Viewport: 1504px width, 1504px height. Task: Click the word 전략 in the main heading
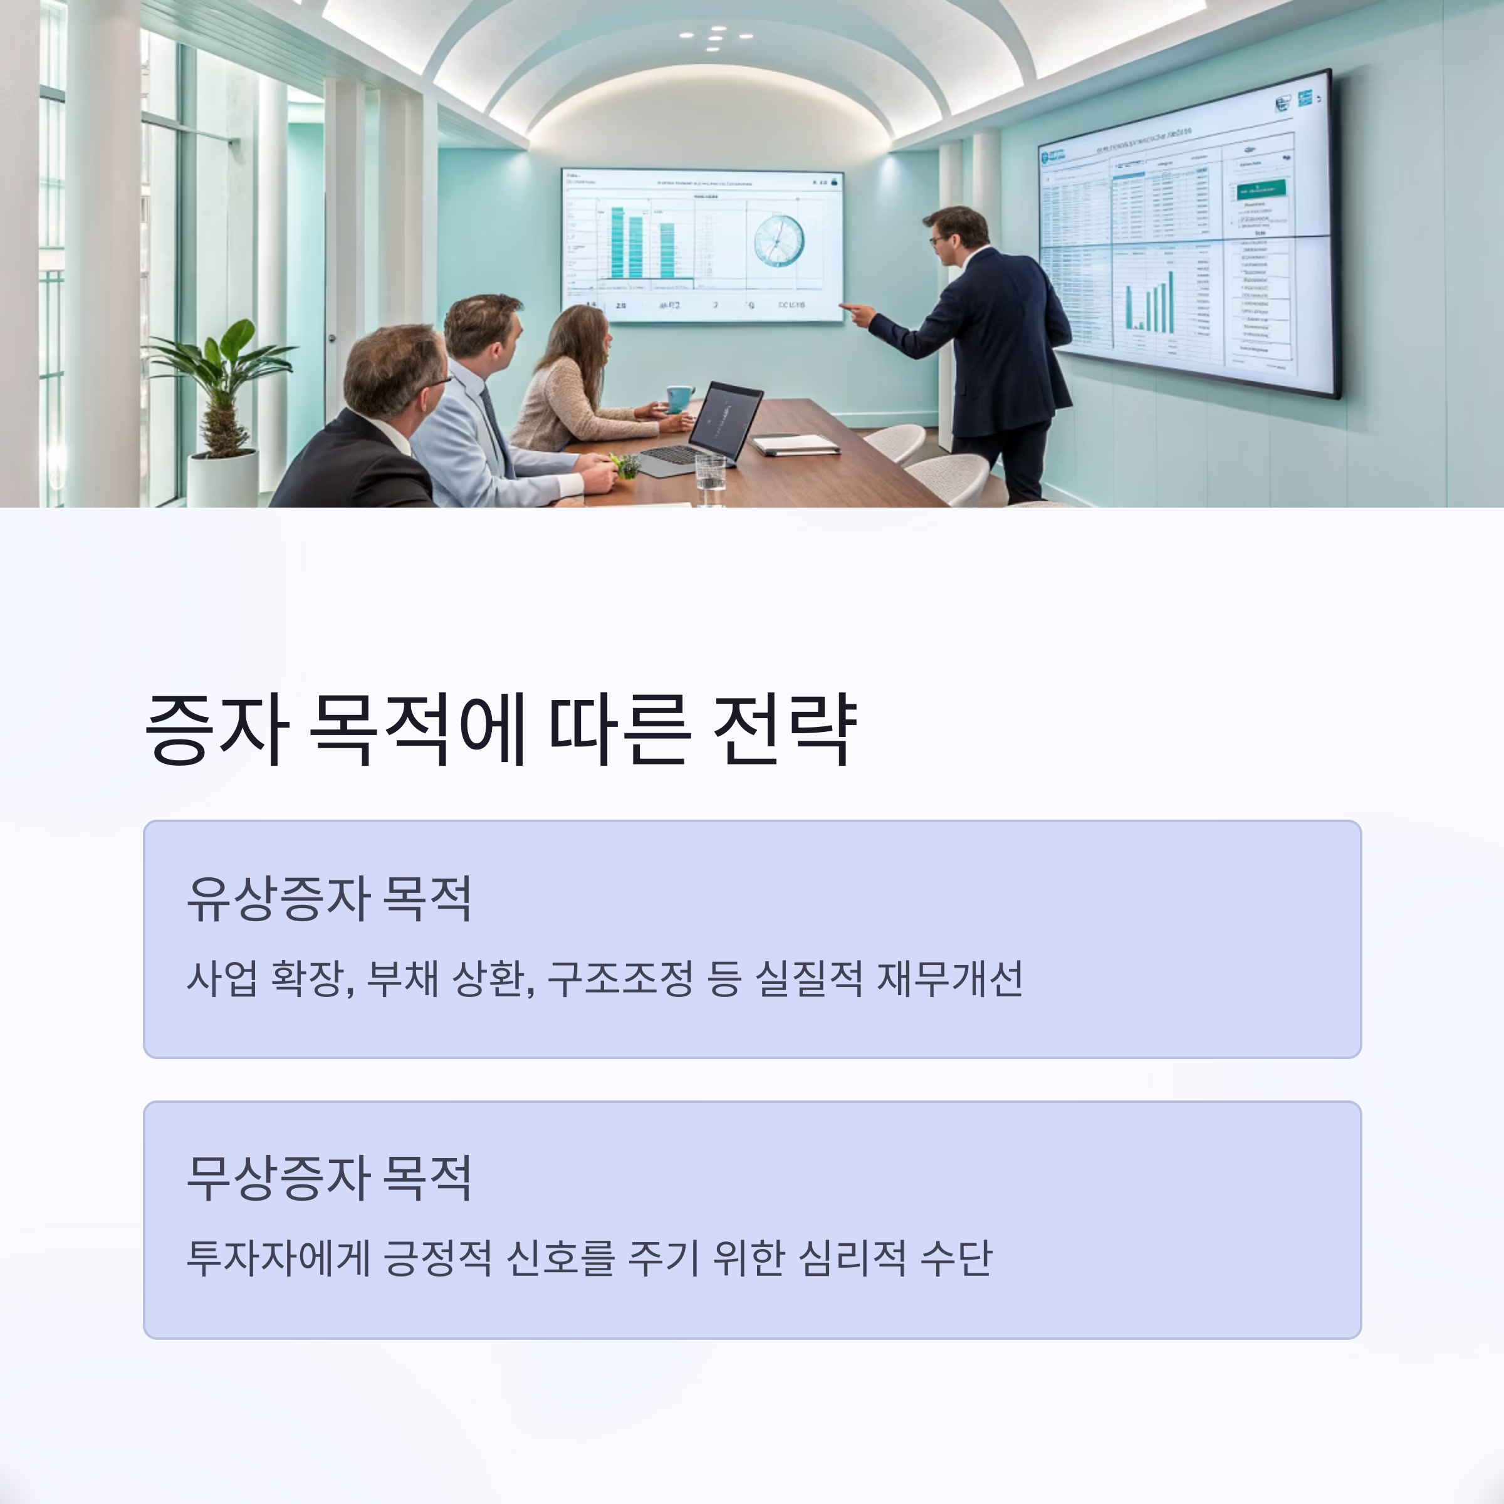coord(785,729)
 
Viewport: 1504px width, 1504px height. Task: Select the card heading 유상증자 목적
coord(328,899)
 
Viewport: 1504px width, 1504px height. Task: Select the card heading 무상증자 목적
coord(328,1178)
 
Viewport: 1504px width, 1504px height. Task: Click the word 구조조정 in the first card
coord(620,978)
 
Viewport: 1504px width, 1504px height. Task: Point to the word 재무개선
coord(950,978)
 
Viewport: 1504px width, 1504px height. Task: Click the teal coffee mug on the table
coord(679,398)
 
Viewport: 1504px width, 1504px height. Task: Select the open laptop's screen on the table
coord(726,421)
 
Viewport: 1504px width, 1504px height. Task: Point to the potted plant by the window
coord(222,389)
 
